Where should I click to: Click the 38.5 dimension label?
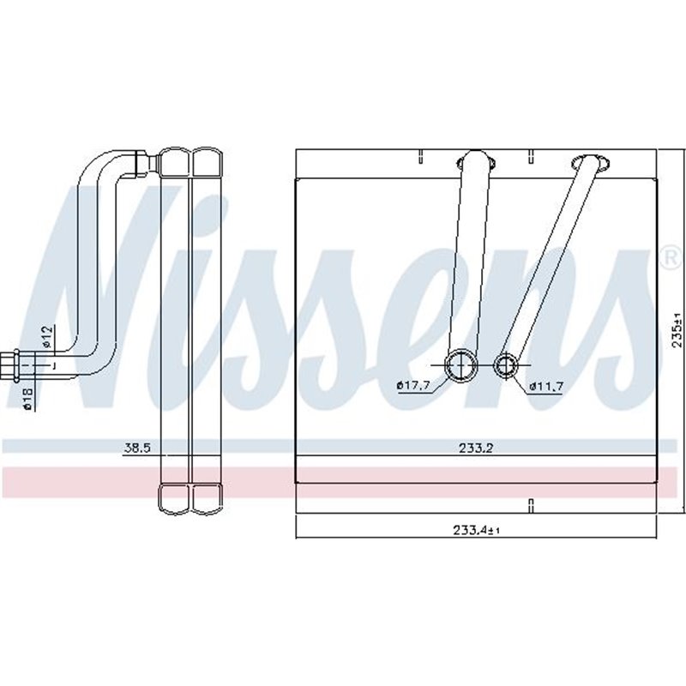click(136, 447)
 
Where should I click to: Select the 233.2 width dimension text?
click(475, 447)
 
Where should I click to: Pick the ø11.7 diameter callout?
click(545, 385)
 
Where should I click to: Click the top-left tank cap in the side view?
click(176, 161)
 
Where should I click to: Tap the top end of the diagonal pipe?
click(592, 164)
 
